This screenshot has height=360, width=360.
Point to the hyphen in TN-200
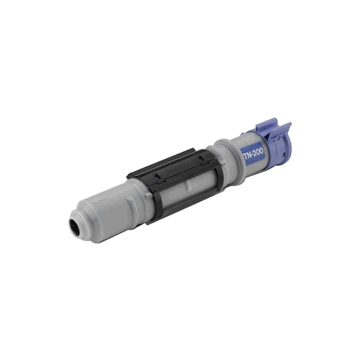click(251, 153)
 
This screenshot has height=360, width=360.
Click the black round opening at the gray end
click(76, 225)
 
